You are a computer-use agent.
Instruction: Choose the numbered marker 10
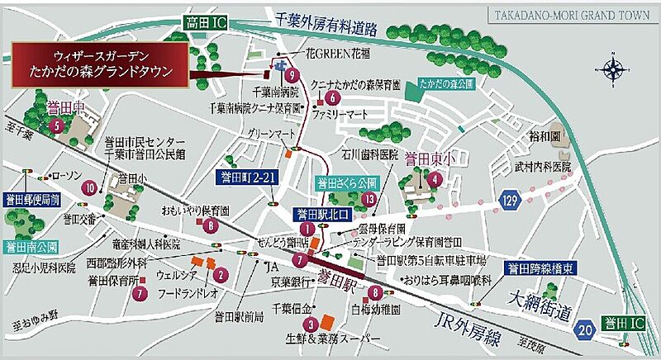point(89,187)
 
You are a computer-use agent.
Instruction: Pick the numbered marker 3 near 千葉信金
point(310,324)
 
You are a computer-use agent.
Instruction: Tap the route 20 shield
point(585,329)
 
